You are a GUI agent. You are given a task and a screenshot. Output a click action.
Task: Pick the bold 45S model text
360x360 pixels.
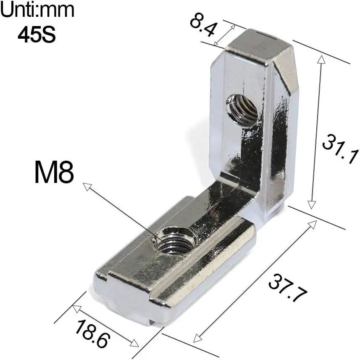pos(37,35)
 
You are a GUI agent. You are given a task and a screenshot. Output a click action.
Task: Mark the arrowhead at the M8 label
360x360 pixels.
pos(87,186)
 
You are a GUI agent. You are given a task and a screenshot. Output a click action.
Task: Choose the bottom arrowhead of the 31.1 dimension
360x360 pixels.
pos(311,205)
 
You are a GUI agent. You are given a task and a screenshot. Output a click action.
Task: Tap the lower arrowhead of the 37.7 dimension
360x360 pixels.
pos(196,338)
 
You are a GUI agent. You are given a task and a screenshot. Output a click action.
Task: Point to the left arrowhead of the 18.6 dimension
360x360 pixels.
pos(76,308)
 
